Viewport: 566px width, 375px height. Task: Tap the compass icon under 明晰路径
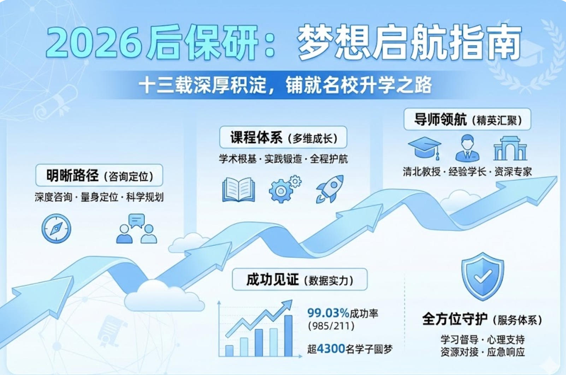[56, 229]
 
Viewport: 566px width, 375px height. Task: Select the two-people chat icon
[136, 229]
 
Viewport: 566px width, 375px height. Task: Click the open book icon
[238, 190]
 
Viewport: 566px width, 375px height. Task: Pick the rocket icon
[330, 189]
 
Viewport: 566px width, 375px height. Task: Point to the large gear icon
[281, 191]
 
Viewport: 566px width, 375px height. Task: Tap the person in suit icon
[467, 148]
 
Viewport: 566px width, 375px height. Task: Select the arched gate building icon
[510, 149]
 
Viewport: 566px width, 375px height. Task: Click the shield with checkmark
[483, 276]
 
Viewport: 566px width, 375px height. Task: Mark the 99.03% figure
[328, 313]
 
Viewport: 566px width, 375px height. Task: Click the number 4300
[331, 349]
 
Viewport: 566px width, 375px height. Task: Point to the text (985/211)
[331, 326]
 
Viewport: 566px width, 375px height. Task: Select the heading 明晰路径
[72, 175]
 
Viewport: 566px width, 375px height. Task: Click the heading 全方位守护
[455, 319]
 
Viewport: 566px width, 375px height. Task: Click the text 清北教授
[421, 172]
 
